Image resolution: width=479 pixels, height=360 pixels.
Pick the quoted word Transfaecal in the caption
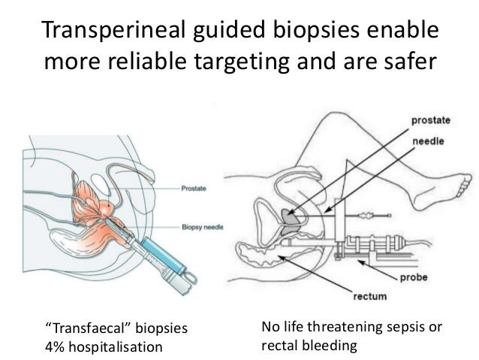click(86, 328)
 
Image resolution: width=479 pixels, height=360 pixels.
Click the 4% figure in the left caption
click(56, 347)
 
